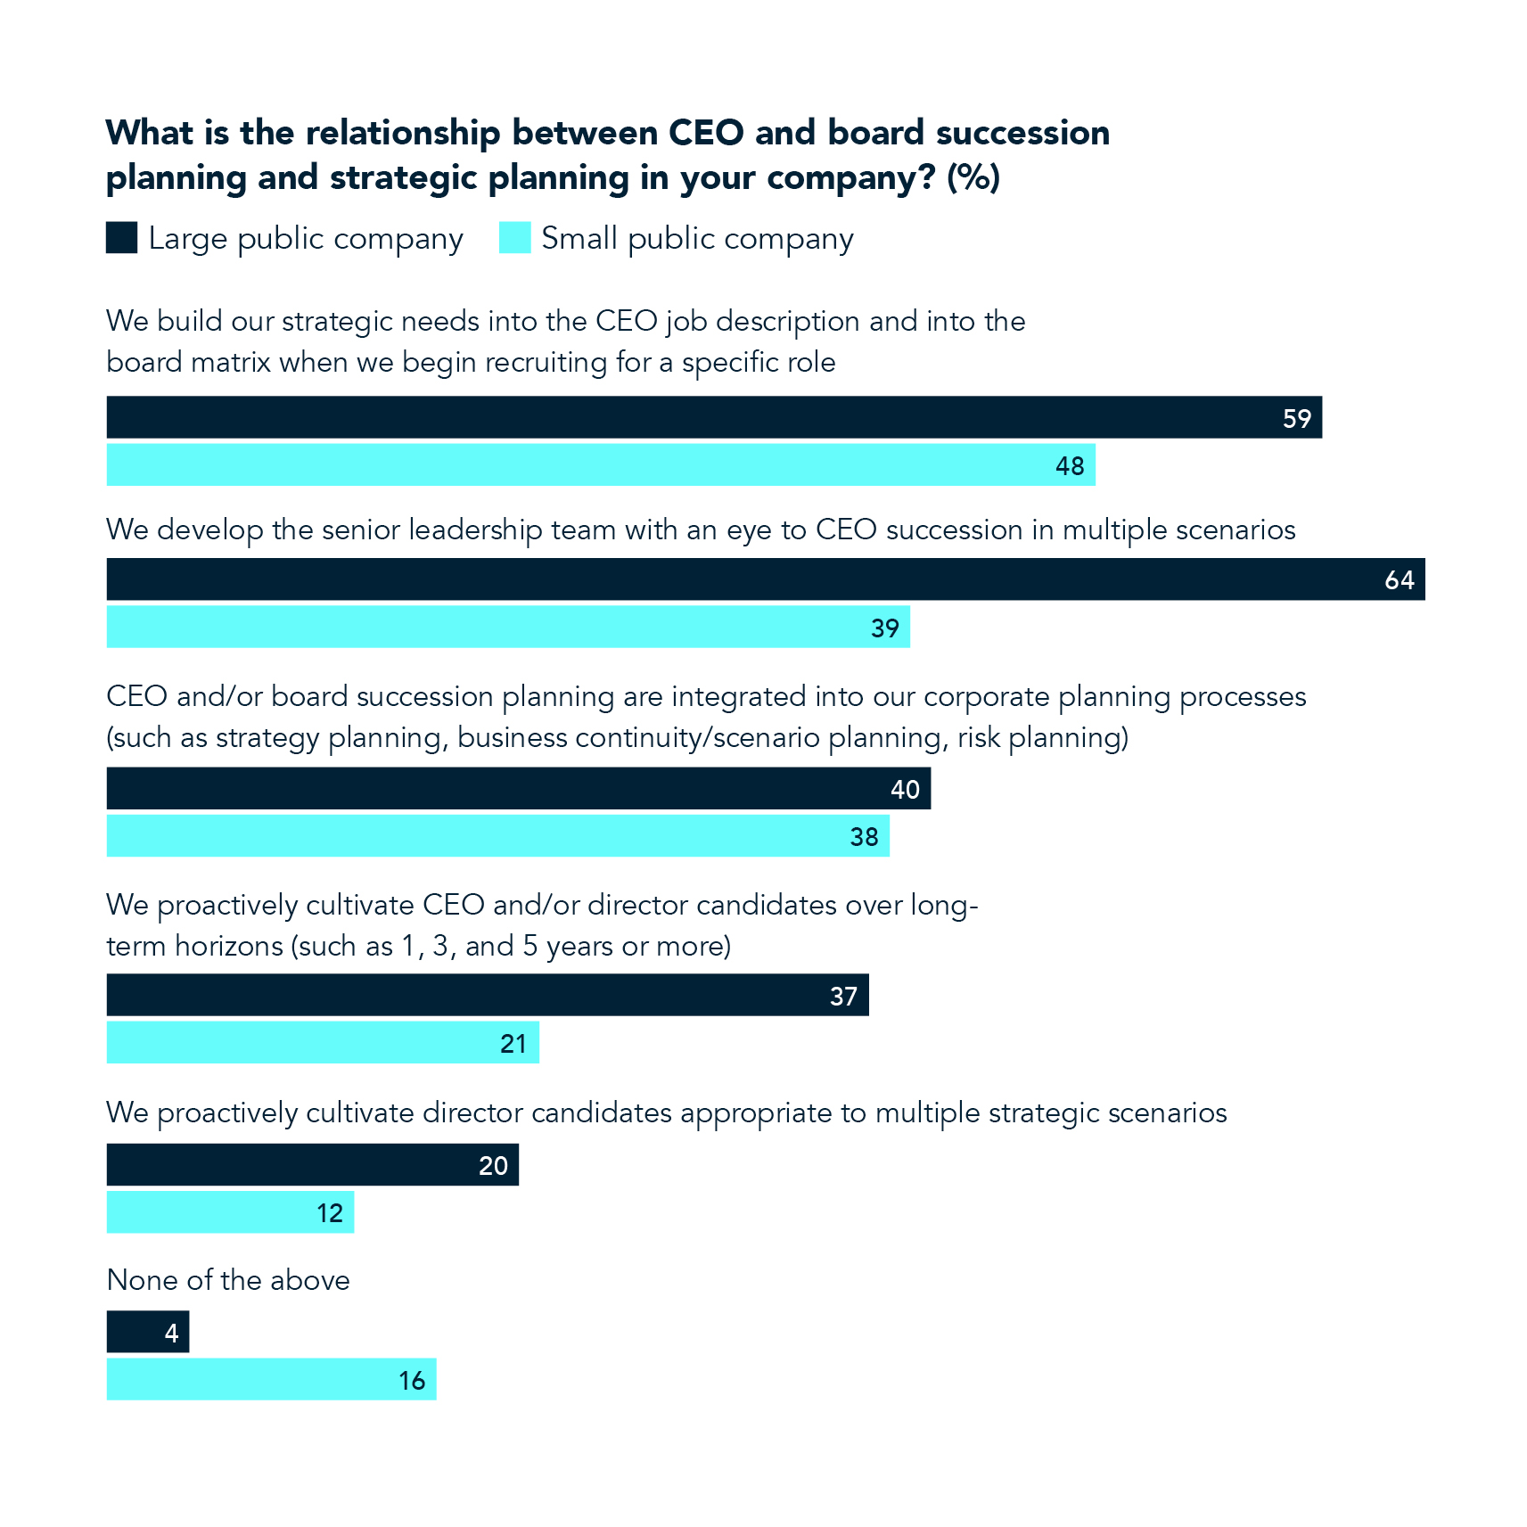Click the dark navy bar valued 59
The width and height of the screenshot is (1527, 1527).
[x=713, y=417]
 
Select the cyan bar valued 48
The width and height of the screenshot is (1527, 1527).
[x=600, y=465]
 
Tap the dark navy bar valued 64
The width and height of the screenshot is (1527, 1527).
[x=765, y=579]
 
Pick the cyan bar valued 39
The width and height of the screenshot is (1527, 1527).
[x=507, y=628]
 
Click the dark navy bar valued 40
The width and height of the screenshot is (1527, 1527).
[x=518, y=789]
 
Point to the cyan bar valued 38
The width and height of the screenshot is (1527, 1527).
[x=497, y=836]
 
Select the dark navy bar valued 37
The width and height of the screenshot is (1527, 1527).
[x=487, y=995]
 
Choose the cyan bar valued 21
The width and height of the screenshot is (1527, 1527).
[x=323, y=1043]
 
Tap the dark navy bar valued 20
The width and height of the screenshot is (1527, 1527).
[x=312, y=1165]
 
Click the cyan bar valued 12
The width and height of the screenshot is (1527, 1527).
[x=230, y=1212]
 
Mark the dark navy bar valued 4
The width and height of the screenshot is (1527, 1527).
[x=147, y=1332]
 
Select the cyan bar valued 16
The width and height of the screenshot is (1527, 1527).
[x=271, y=1380]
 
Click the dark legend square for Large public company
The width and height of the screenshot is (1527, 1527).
[x=121, y=238]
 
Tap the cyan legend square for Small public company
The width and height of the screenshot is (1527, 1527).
[x=514, y=238]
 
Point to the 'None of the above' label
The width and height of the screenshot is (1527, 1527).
[x=228, y=1280]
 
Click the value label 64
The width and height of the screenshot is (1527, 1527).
[x=1399, y=580]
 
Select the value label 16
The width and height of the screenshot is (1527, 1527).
[x=412, y=1381]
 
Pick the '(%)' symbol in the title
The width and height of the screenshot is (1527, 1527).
[x=973, y=177]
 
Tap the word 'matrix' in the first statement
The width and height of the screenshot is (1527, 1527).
[x=230, y=363]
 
